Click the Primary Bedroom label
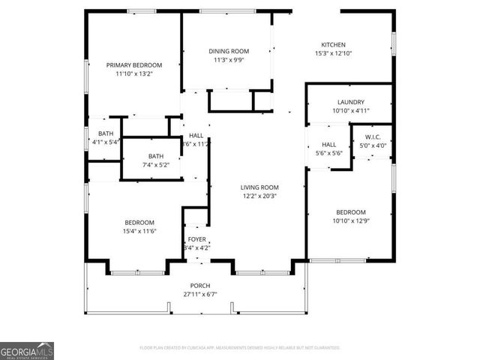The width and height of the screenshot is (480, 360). [x=133, y=65]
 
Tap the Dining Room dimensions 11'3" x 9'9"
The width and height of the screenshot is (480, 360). [x=229, y=61]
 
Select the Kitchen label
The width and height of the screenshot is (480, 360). [x=333, y=44]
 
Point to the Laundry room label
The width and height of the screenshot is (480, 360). [x=350, y=102]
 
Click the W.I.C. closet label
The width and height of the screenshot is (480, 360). [x=373, y=136]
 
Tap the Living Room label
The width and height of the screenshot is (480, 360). [x=259, y=187]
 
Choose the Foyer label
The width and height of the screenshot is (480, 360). [x=196, y=239]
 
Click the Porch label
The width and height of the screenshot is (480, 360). [x=199, y=286]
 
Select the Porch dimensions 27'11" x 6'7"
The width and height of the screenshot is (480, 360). [x=199, y=295]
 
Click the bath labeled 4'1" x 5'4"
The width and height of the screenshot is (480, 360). [x=105, y=133]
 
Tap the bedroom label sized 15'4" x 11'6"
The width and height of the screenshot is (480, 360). [x=139, y=222]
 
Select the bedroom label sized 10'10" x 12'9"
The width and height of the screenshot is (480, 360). [x=350, y=212]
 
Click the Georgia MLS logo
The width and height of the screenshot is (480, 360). [x=27, y=351]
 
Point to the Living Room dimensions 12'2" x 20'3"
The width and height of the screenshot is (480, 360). [x=259, y=196]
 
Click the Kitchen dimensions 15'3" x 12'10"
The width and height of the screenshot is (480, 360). [x=333, y=54]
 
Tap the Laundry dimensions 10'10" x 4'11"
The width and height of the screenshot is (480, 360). [x=350, y=111]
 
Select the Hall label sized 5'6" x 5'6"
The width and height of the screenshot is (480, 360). [x=328, y=145]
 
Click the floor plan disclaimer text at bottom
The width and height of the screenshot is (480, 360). [x=240, y=348]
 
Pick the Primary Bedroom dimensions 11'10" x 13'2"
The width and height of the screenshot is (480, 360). [x=133, y=74]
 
